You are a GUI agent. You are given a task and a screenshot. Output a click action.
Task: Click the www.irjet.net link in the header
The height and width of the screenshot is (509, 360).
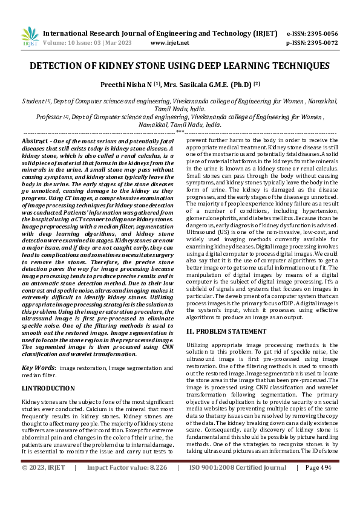click(x=169, y=43)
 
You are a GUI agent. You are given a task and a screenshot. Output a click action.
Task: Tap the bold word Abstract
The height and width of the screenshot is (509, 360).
click(x=36, y=140)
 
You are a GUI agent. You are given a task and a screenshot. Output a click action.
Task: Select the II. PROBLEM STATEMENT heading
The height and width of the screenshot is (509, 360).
click(x=226, y=331)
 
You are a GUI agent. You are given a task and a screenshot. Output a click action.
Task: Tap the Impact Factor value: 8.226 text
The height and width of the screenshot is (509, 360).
click(x=126, y=501)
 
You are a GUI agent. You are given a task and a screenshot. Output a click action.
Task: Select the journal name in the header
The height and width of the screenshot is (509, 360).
click(x=161, y=33)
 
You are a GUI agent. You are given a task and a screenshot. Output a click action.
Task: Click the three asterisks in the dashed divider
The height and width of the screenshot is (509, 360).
click(x=180, y=131)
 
